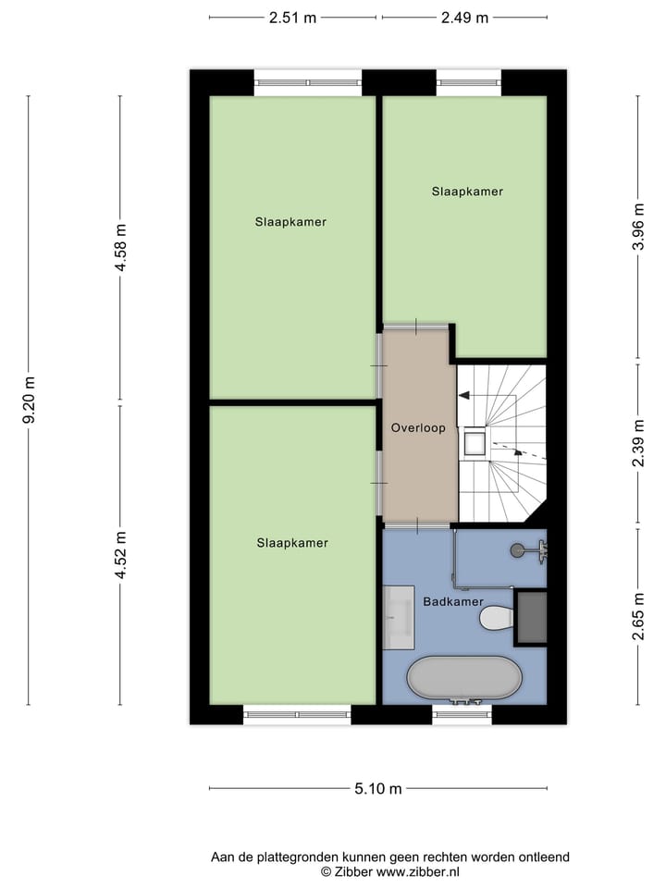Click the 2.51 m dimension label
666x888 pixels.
pos(292,18)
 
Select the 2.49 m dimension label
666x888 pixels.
pos(464,18)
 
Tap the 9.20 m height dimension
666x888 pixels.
pos(29,400)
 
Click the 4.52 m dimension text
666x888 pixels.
pos(119,555)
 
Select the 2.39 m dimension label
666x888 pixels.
pos(637,444)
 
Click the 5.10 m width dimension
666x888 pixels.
pos(378,789)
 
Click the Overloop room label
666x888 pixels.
pos(418,428)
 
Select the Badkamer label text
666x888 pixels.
pos(453,601)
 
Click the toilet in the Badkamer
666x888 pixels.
pos(497,617)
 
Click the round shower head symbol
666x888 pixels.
pos(517,550)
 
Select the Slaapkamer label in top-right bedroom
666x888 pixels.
pos(467,191)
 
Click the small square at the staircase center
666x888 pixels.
pos(475,441)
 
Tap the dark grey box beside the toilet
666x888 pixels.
pos(531,617)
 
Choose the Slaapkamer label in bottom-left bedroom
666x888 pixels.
pos(292,543)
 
